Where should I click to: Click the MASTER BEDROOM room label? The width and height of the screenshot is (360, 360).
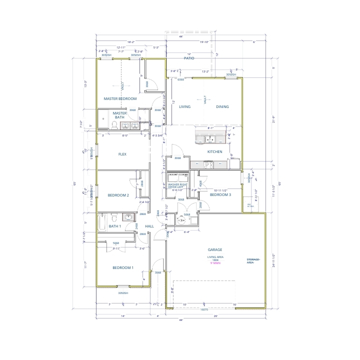point(120,99)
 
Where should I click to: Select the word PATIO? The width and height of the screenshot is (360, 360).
point(188,58)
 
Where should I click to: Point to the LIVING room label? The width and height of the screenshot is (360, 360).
point(185,106)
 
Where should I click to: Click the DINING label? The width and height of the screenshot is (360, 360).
point(222,106)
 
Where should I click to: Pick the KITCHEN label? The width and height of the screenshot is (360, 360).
point(214,151)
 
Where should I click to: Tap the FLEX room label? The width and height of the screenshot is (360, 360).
point(122,154)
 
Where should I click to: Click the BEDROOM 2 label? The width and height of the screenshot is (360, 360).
point(118,195)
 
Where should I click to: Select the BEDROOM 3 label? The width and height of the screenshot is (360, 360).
point(220,194)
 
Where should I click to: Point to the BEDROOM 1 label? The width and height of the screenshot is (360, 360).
point(122,268)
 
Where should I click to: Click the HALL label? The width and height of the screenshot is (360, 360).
point(149,226)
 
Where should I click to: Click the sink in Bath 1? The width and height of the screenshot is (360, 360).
point(128,217)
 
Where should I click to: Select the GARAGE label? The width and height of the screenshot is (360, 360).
point(215,249)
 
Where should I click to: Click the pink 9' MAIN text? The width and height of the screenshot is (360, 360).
point(215,263)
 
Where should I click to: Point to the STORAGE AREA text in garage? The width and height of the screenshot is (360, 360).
point(253,261)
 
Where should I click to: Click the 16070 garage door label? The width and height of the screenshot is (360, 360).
point(204,309)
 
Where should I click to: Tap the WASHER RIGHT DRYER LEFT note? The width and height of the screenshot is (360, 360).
point(176,186)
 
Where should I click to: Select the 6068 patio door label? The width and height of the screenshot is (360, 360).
point(180,79)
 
